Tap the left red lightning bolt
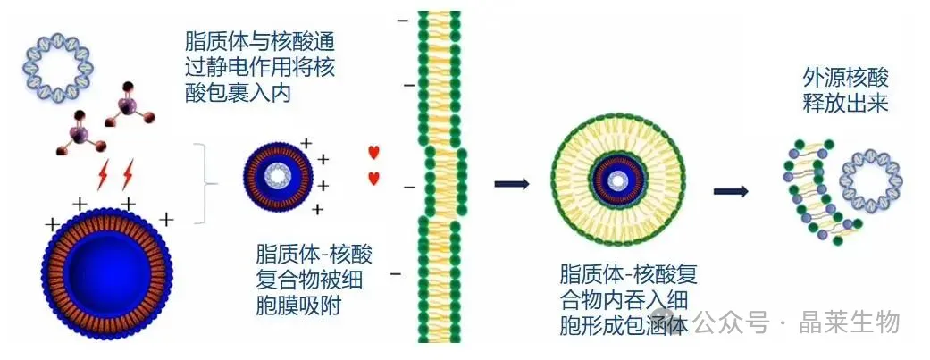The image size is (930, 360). [103, 175]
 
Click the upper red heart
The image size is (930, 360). [373, 152]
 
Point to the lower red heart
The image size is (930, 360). [373, 178]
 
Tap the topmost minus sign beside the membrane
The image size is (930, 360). [403, 21]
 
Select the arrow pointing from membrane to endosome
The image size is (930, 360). [511, 184]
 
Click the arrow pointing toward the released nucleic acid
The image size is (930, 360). [730, 191]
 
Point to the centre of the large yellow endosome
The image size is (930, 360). [618, 180]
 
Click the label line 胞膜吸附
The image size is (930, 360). [298, 306]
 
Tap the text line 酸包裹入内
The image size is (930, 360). [239, 93]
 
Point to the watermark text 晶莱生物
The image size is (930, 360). [849, 322]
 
